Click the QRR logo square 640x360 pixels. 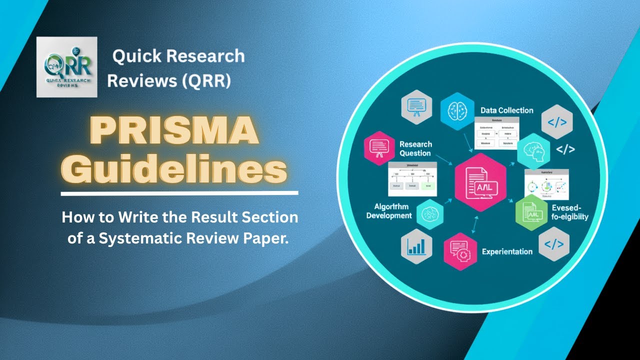click(x=66, y=66)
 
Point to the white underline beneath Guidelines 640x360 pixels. click(x=179, y=192)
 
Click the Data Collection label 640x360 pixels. click(x=506, y=110)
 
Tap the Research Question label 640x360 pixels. click(x=415, y=148)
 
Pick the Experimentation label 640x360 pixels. click(x=506, y=251)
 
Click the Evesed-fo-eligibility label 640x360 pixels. click(x=569, y=212)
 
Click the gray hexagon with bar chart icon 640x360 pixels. click(x=416, y=245)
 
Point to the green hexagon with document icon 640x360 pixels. click(x=532, y=213)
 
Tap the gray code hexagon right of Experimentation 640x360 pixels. click(x=554, y=244)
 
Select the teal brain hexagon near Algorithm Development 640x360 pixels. click(x=429, y=213)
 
